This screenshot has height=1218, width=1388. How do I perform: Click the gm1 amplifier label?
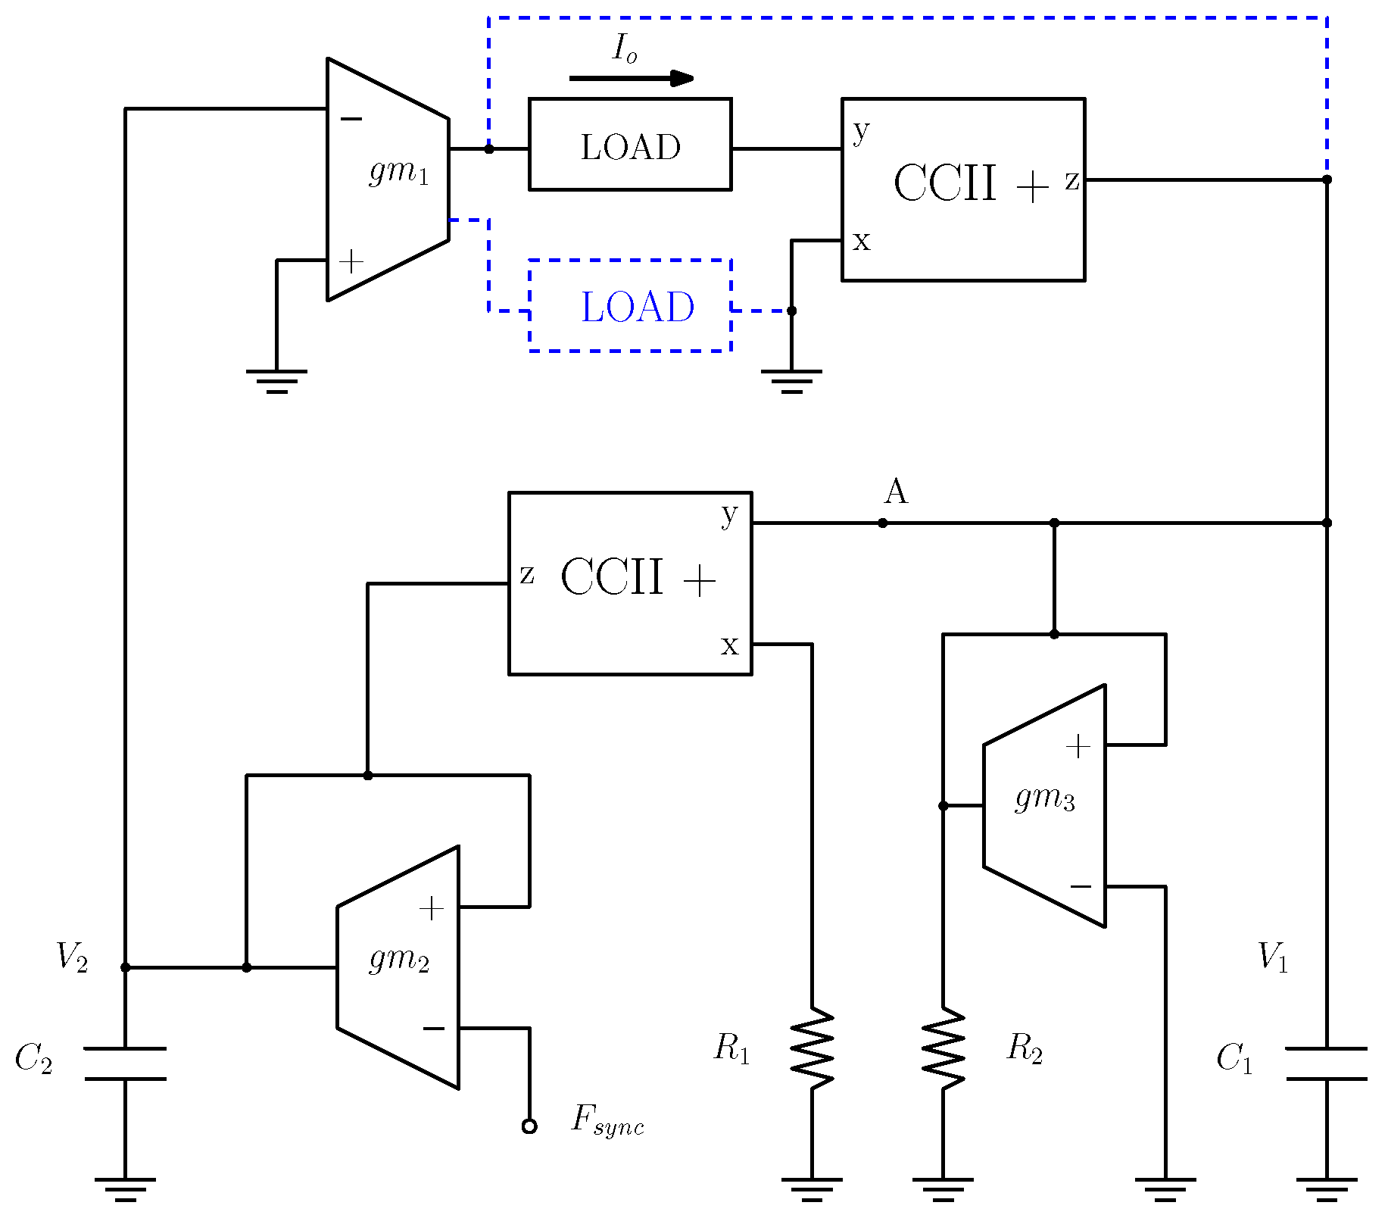click(399, 172)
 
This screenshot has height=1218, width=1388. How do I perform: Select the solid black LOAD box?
click(630, 144)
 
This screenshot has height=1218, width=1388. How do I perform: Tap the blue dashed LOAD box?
click(630, 306)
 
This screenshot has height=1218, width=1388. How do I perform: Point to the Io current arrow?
click(631, 78)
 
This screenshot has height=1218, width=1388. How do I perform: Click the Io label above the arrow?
click(625, 49)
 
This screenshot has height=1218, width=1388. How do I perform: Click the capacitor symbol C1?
click(1327, 1063)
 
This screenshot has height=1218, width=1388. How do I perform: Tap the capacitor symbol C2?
click(125, 1063)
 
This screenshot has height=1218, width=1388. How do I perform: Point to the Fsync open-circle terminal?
click(529, 1126)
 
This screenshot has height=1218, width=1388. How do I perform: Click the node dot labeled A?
click(883, 523)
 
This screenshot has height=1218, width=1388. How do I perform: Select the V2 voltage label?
click(72, 957)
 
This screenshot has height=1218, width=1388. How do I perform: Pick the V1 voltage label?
click(1272, 957)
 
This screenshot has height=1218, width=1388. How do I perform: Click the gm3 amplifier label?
click(1044, 798)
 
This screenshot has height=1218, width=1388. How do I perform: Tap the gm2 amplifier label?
click(399, 960)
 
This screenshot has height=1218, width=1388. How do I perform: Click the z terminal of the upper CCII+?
click(1071, 180)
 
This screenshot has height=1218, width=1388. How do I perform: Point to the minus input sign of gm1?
click(351, 119)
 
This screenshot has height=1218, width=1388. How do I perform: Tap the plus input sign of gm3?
click(1078, 747)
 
